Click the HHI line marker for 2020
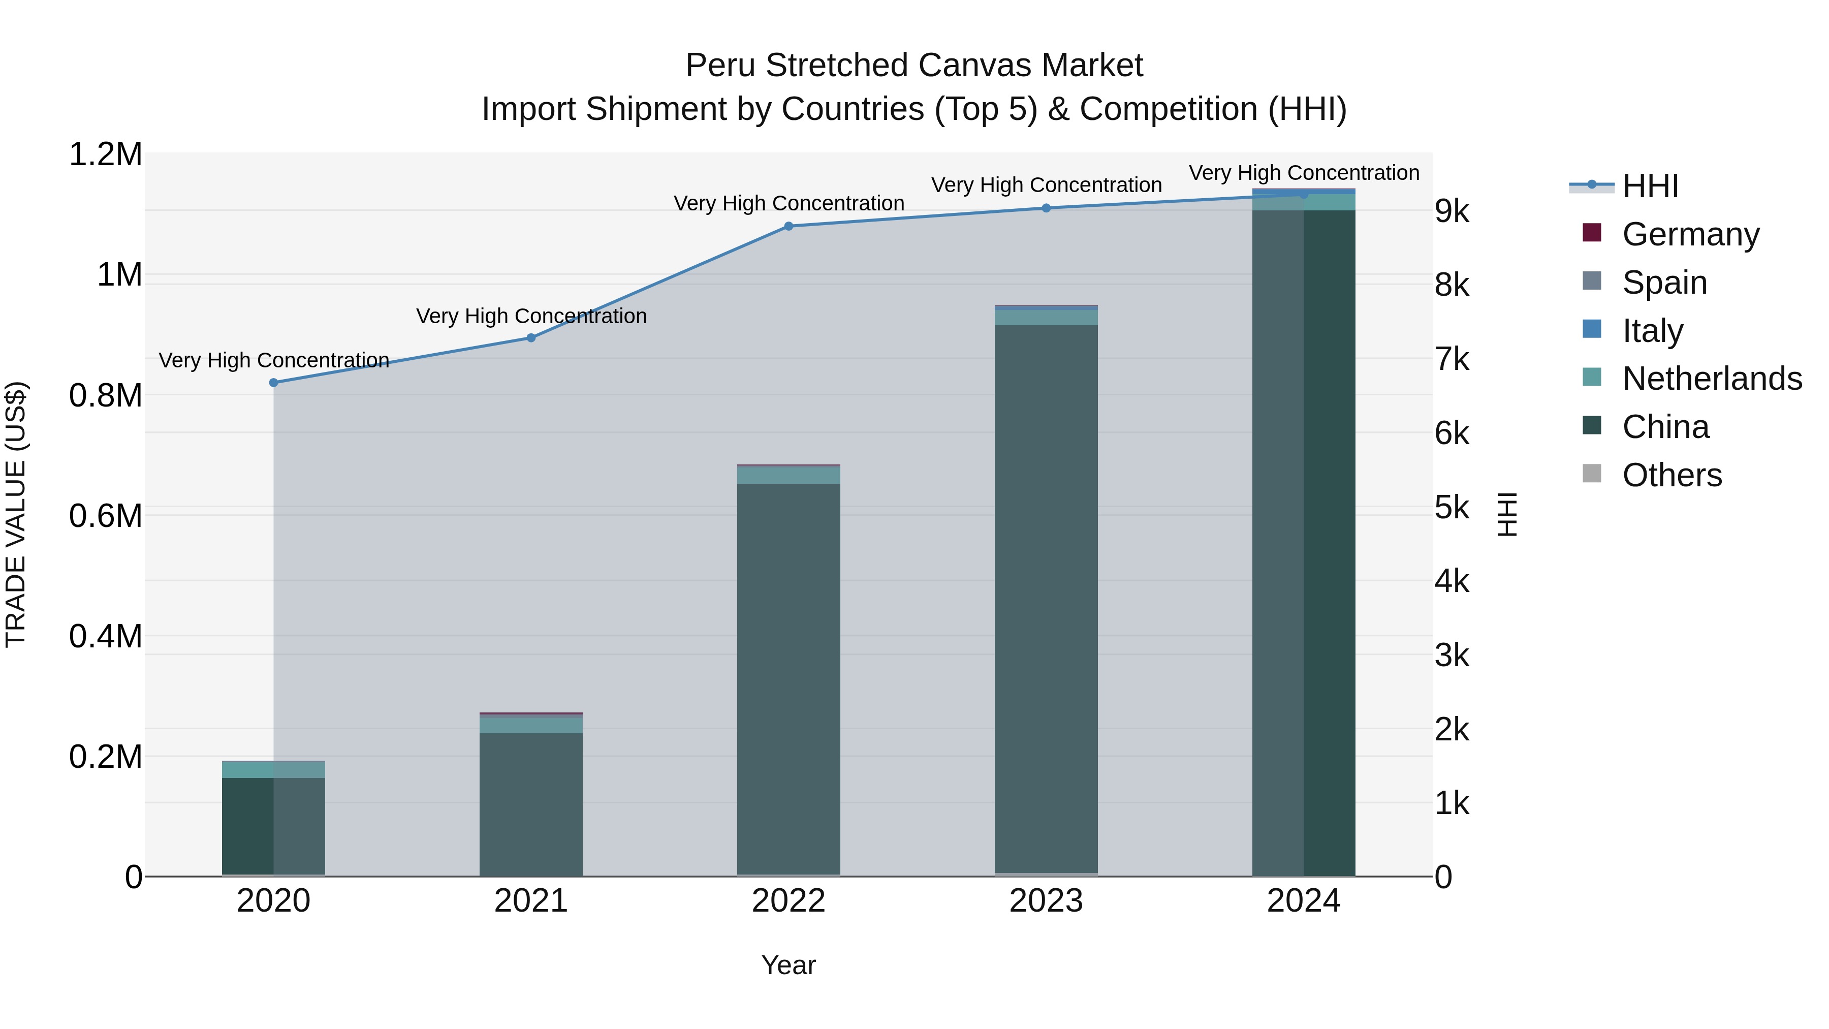[273, 383]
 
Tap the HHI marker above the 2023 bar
[1046, 208]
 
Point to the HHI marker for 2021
[531, 338]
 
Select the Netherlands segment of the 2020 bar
[273, 770]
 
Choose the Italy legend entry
[1652, 331]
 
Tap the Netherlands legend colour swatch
[1592, 377]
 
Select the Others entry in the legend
[1672, 475]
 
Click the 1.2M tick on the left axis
[106, 155]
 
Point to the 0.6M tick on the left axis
[106, 516]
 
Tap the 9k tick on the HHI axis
[1452, 211]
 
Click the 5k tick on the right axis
[1452, 508]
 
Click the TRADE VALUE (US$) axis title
[16, 514]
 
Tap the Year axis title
[788, 965]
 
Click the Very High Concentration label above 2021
[531, 316]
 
